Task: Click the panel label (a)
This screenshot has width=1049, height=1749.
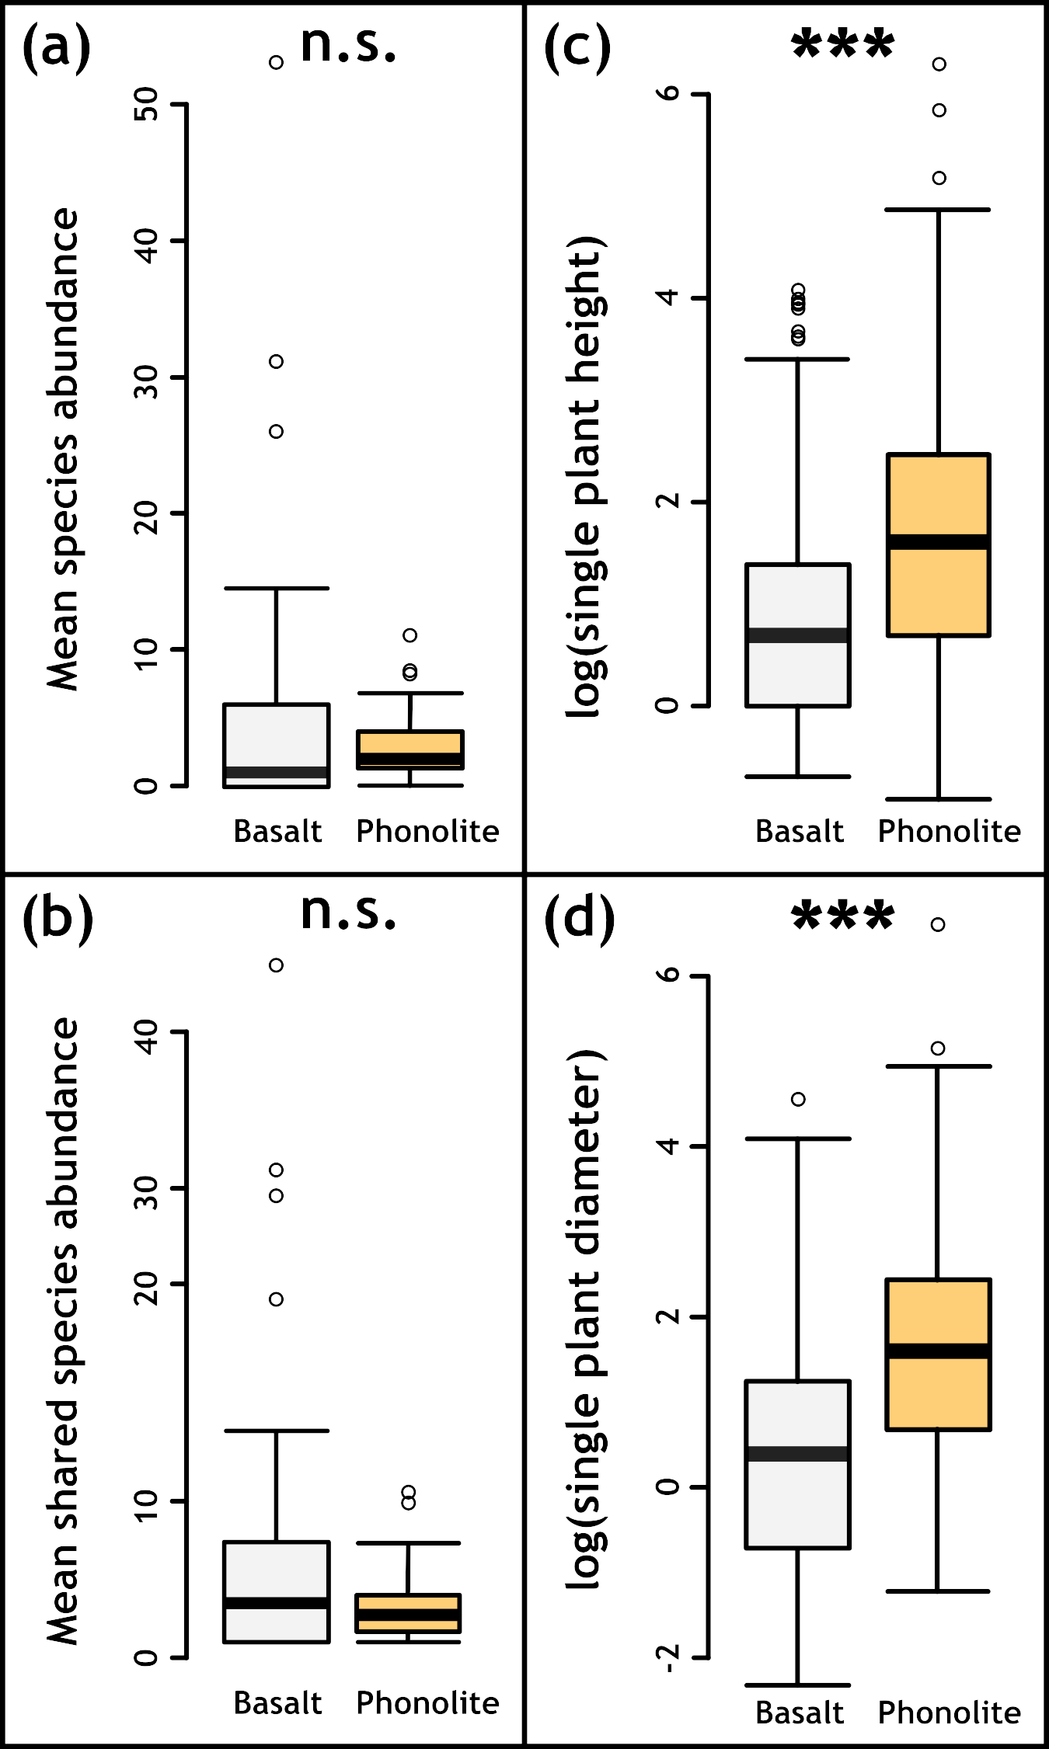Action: tap(56, 48)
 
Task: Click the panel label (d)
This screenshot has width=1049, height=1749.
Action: tap(579, 919)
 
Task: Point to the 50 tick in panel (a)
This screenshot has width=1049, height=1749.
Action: tap(146, 104)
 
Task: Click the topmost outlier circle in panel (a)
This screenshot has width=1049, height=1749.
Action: tap(276, 62)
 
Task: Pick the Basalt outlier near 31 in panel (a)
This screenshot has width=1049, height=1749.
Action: tap(276, 361)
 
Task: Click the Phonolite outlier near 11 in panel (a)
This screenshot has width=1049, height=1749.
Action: tap(409, 635)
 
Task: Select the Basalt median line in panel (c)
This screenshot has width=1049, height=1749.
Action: tap(798, 635)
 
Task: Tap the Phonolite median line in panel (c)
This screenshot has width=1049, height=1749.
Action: tap(939, 542)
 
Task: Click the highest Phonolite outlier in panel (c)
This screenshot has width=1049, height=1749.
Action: tap(939, 64)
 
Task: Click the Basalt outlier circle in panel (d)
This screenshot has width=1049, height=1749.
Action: tap(798, 1099)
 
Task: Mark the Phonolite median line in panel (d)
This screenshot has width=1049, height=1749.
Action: tap(939, 1351)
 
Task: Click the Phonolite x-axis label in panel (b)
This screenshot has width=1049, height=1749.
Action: tap(427, 1702)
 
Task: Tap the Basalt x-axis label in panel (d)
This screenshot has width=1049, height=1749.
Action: tap(799, 1712)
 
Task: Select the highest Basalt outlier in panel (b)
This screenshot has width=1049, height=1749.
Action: tap(276, 965)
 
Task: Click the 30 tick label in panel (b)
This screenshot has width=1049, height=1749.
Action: tap(146, 1188)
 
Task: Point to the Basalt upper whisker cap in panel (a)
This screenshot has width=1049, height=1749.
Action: tap(276, 588)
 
